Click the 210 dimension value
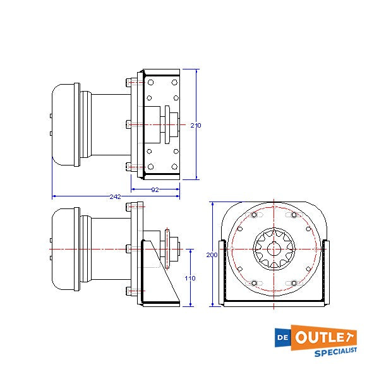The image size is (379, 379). (196, 125)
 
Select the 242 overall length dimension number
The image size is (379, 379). (115, 196)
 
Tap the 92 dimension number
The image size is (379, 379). (155, 189)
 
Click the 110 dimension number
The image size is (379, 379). (190, 277)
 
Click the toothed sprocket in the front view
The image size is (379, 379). (273, 248)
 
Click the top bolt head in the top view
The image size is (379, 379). (128, 81)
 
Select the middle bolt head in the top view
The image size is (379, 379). (128, 124)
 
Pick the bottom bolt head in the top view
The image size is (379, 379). (128, 167)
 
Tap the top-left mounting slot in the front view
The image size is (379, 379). (255, 216)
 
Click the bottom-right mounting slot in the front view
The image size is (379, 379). (291, 282)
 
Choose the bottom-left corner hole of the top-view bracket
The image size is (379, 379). (150, 167)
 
